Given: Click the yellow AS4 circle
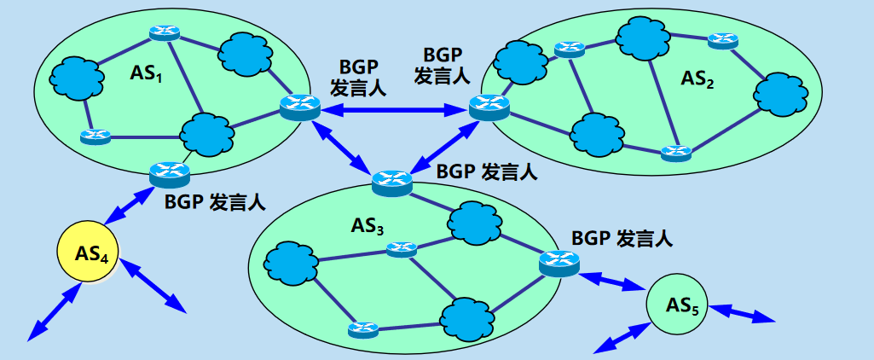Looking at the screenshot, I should pos(89,253).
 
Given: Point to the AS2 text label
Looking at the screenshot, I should pos(697,78).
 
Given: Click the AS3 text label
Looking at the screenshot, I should pos(368,226).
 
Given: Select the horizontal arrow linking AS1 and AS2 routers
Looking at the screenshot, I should pos(394,108).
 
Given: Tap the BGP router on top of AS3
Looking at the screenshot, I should pos(392,181).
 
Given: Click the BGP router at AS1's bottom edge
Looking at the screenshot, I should pos(169,173).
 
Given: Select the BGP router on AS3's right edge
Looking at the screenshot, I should pos(559,262).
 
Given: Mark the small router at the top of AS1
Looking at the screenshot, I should pos(163,32).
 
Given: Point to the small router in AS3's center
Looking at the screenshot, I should pos(401,249).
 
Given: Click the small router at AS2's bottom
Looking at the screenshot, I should pos(675,153).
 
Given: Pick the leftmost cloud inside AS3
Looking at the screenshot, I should pos(290,266).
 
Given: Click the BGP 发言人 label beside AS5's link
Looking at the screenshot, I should pos(622,238).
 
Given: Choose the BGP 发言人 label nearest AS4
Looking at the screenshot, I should pos(215,202).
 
